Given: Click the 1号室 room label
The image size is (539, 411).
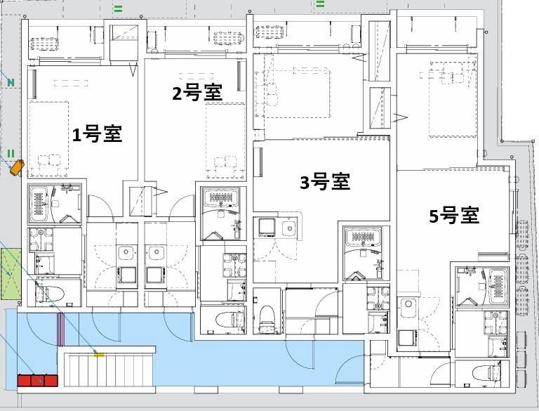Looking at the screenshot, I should tap(98, 134).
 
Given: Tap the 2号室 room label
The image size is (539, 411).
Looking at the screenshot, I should tap(198, 93).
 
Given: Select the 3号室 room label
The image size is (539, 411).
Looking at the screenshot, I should tap(325, 182).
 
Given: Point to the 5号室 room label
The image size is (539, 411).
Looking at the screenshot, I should tap(454, 216).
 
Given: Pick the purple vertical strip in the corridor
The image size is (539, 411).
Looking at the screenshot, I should tap(60, 330).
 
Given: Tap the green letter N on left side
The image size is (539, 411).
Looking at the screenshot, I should tap(11, 83).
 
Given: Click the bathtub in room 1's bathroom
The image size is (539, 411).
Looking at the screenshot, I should tap(39, 203).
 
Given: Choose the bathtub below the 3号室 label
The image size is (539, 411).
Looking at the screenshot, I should tap(362, 242).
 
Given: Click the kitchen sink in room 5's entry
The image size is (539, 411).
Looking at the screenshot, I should tap(408, 306).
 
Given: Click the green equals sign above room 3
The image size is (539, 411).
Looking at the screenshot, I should tap(320, 4).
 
